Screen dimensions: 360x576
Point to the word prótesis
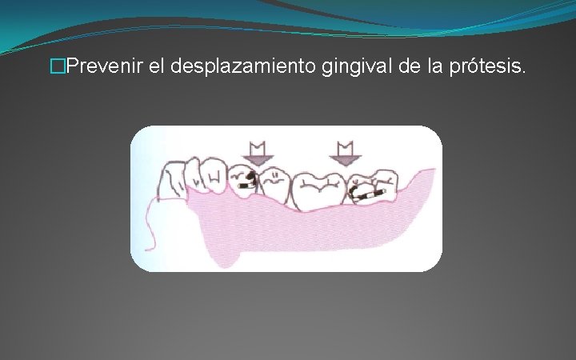pyautogui.click(x=494, y=69)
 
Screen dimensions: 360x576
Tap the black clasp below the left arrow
pyautogui.click(x=248, y=178)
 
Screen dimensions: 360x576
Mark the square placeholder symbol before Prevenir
pyautogui.click(x=55, y=69)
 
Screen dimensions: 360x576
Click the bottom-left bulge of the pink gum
pyautogui.click(x=224, y=256)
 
